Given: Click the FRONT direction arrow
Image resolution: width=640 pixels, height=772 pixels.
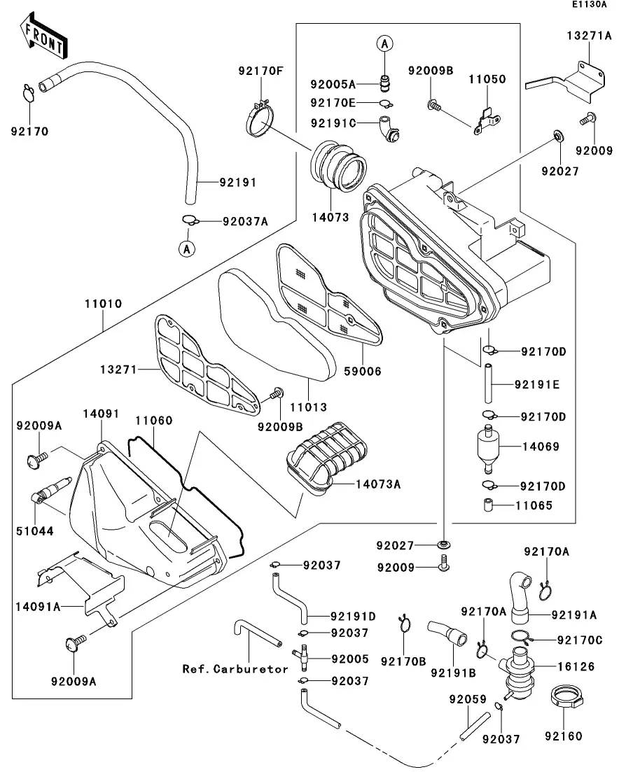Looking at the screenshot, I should [42, 38].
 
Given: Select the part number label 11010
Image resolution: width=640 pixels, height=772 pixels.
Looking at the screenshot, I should [103, 304].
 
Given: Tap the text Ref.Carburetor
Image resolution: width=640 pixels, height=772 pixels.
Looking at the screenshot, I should [235, 669].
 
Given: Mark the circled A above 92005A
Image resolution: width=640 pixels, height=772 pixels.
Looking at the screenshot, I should [384, 43].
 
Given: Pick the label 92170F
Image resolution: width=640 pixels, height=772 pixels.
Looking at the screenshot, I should [261, 70].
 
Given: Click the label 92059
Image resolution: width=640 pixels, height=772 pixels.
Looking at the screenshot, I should [464, 699].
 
